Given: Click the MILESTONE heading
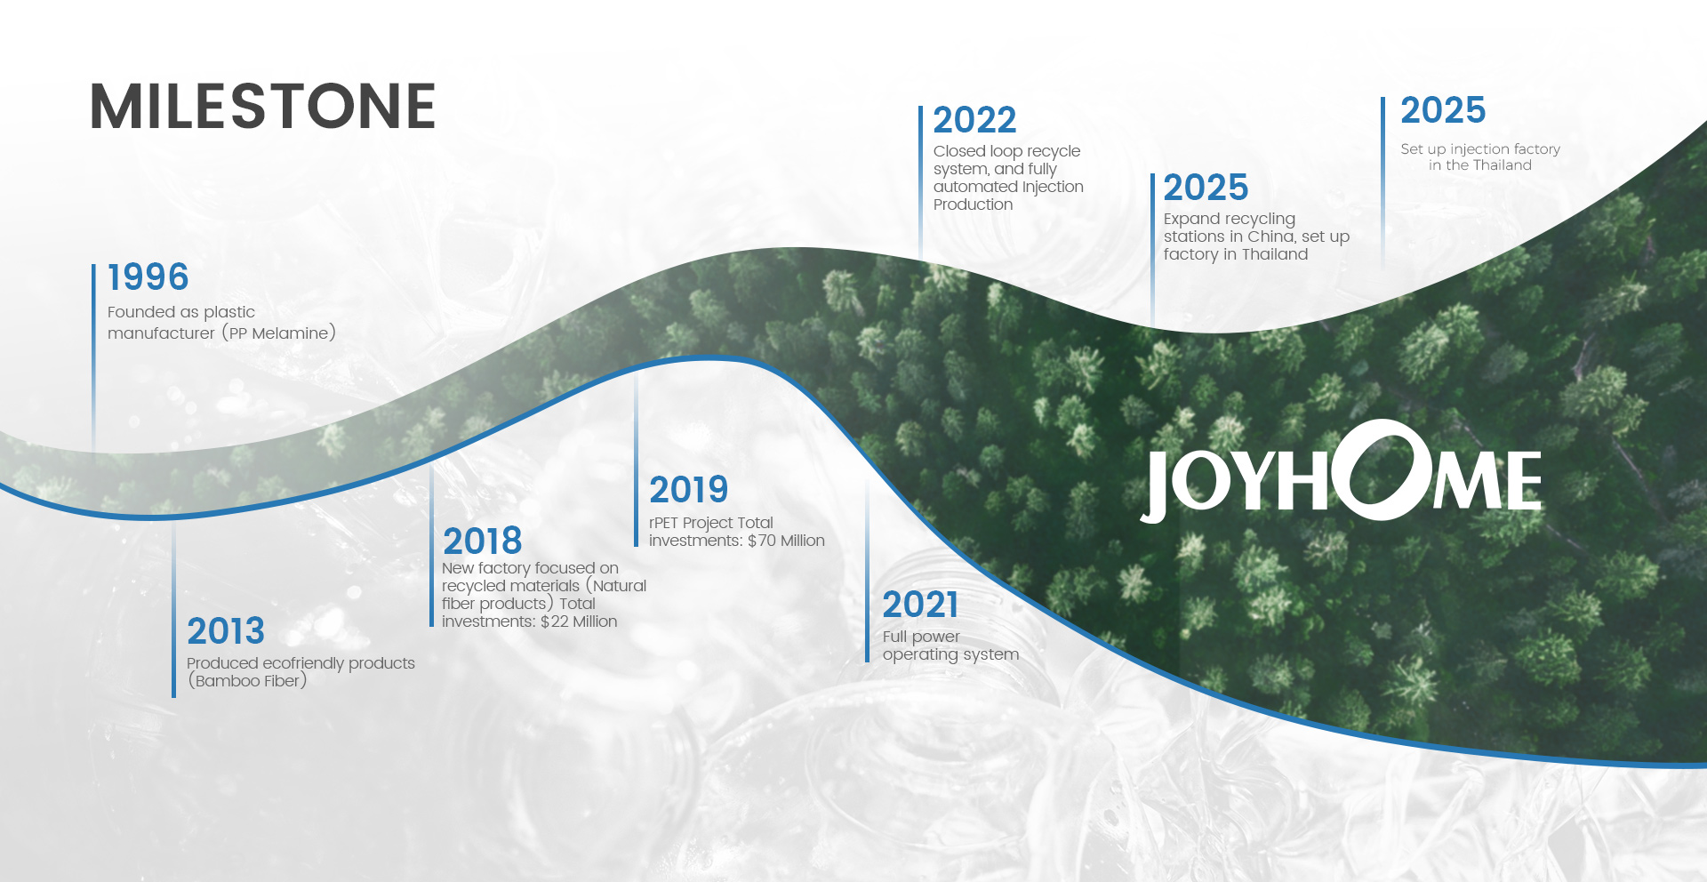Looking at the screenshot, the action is coord(263,107).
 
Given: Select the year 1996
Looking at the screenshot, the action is coord(148,277).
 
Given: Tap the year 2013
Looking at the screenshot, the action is coord(226,631).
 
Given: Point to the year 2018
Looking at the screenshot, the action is coord(483,541).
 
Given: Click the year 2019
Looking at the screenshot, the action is coord(689,489).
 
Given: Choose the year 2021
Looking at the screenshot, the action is coord(920,605).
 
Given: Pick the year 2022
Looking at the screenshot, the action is coord(974,120).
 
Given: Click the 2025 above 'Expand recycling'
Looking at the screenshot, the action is coord(1206,188).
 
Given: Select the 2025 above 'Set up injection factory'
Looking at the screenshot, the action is coord(1443,110).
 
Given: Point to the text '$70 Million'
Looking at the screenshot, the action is coord(786,541).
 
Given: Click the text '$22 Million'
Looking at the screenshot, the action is coord(579,621).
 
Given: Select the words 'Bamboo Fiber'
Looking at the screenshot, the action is coord(247,681).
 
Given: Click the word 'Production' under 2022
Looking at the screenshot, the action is coord(973,204).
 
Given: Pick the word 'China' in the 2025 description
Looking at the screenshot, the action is coord(1270,237).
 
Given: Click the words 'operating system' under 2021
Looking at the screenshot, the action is coord(950,655).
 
